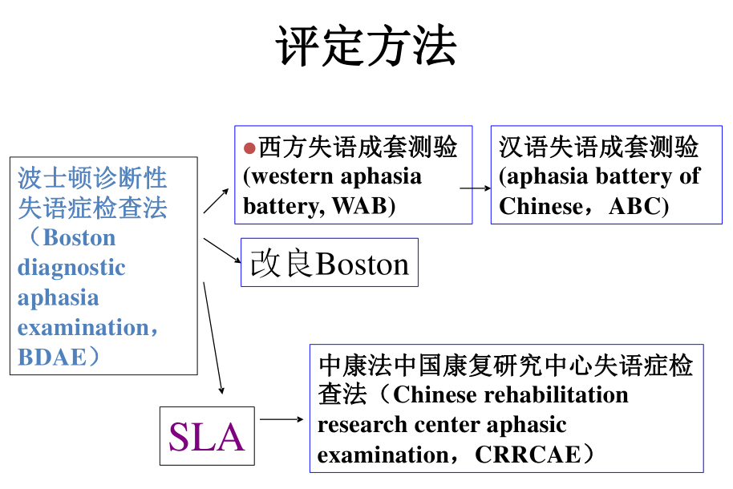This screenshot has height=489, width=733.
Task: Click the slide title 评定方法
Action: (366, 46)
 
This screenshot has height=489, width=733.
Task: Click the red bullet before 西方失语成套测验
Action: (249, 148)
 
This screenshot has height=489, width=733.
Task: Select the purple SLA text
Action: (206, 437)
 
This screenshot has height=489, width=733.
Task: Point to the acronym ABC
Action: (635, 206)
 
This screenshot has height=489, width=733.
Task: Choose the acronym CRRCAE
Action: (526, 455)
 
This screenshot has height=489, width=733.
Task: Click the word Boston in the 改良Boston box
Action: (362, 264)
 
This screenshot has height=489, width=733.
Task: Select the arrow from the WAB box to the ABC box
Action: (476, 189)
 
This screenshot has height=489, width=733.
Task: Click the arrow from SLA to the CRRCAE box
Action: (281, 419)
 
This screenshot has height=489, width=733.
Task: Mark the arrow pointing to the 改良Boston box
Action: (222, 249)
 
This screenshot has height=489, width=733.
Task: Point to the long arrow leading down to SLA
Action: (213, 337)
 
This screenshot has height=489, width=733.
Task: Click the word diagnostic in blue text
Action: (71, 268)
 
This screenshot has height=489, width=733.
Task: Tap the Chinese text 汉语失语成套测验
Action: (599, 148)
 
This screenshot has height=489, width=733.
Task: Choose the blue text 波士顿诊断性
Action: (92, 178)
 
